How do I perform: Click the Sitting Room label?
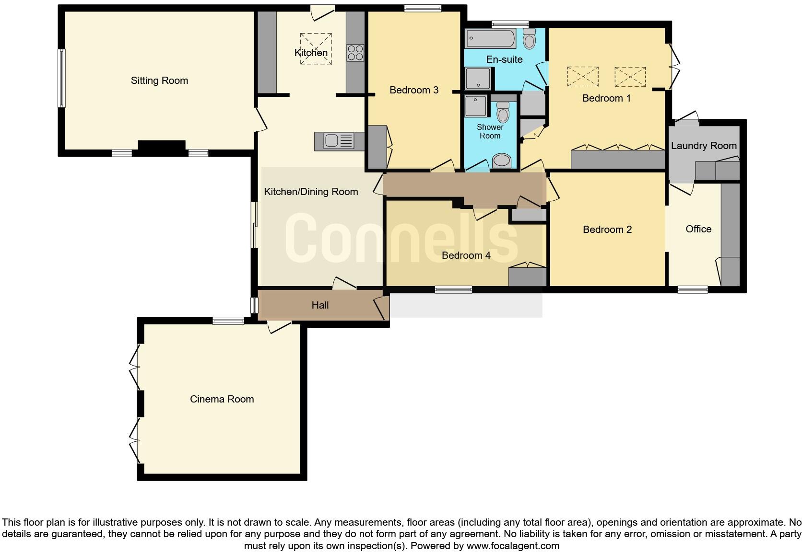tap(159, 80)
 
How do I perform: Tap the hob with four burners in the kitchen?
tap(355, 52)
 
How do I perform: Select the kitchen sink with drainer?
tap(339, 141)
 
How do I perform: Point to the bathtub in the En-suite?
tap(490, 38)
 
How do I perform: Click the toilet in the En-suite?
tap(529, 38)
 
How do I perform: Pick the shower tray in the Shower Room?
tap(475, 105)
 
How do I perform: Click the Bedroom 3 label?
tap(414, 90)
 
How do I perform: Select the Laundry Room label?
tap(704, 146)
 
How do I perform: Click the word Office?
tap(698, 229)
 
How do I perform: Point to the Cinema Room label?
tap(222, 399)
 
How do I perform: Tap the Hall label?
tap(320, 305)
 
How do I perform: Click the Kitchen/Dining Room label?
tap(311, 192)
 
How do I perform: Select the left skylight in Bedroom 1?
tap(583, 77)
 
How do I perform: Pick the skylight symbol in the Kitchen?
tap(316, 48)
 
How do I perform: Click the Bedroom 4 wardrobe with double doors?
tap(527, 277)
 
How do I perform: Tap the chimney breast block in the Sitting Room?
tap(162, 146)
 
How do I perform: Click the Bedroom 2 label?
tap(607, 230)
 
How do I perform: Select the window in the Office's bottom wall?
tap(693, 289)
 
